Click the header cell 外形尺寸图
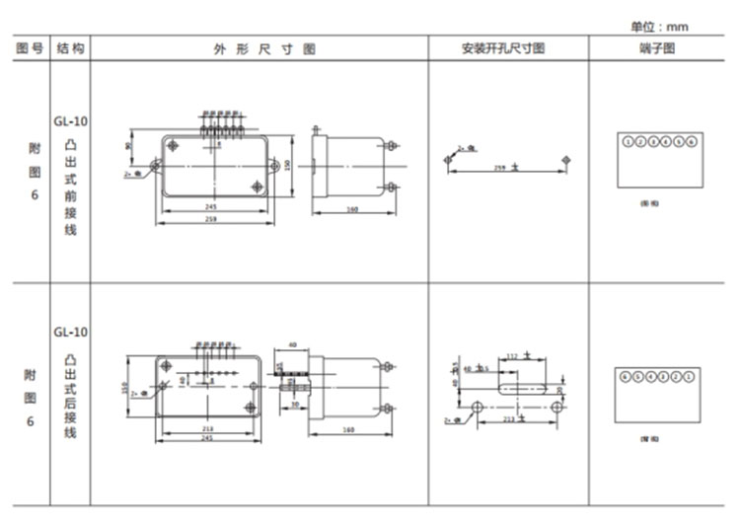pyautogui.click(x=259, y=48)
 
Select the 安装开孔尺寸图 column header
pyautogui.click(x=508, y=48)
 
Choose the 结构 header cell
pyautogui.click(x=70, y=48)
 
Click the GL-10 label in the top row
pyautogui.click(x=70, y=122)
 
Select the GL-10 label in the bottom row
pyautogui.click(x=70, y=332)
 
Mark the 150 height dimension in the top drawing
pyautogui.click(x=286, y=163)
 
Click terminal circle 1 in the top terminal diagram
pyautogui.click(x=628, y=142)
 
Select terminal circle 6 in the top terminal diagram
pyautogui.click(x=692, y=142)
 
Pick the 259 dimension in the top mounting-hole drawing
pyautogui.click(x=500, y=169)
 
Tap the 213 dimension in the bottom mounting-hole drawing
pyautogui.click(x=507, y=418)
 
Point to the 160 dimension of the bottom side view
pyautogui.click(x=348, y=428)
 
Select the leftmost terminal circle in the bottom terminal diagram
pyautogui.click(x=625, y=376)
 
